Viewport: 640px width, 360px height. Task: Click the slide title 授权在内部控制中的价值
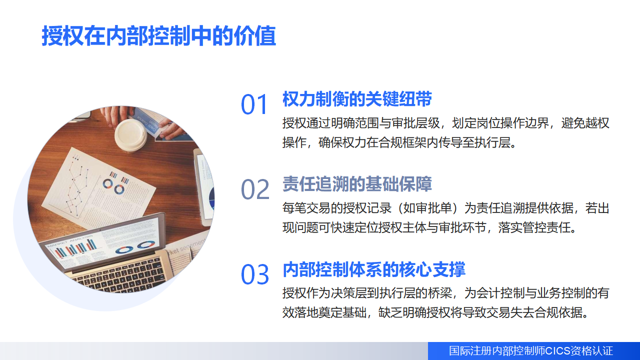click(159, 36)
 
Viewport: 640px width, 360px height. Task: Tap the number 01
click(254, 104)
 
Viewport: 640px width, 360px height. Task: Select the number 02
click(255, 189)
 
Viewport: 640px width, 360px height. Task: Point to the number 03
click(255, 274)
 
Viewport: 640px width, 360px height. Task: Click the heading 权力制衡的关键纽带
click(357, 99)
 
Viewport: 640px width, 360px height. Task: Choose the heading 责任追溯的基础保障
click(357, 184)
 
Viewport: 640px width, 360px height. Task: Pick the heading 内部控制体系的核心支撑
click(374, 269)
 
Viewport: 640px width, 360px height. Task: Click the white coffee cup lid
click(131, 135)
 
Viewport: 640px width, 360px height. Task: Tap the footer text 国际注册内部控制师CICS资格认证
click(531, 351)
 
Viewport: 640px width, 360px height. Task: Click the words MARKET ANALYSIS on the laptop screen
click(70, 241)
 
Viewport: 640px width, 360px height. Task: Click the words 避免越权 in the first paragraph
click(585, 123)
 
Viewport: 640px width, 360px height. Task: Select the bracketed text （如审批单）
click(427, 208)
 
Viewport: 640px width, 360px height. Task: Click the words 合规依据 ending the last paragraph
click(558, 312)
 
